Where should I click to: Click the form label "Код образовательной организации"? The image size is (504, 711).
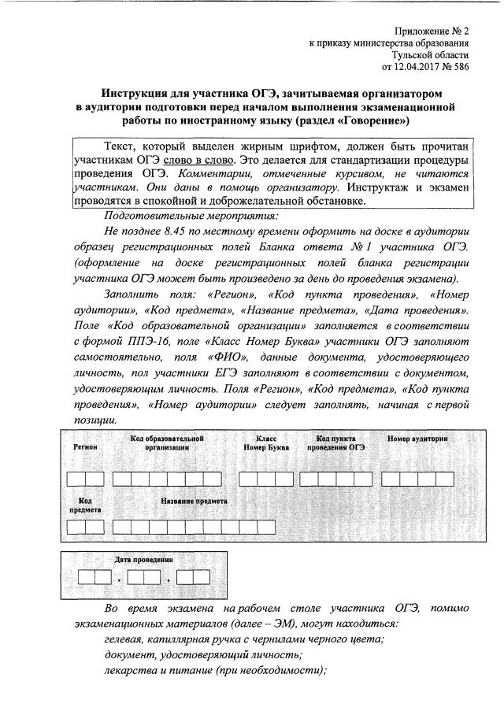coord(167,442)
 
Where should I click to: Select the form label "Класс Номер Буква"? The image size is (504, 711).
coord(265,442)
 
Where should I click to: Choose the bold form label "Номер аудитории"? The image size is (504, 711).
coord(417,438)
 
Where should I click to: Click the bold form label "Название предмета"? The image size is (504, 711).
coord(194,501)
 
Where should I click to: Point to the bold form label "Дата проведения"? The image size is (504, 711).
coord(144,560)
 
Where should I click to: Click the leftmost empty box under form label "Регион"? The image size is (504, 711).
coord(76,478)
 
